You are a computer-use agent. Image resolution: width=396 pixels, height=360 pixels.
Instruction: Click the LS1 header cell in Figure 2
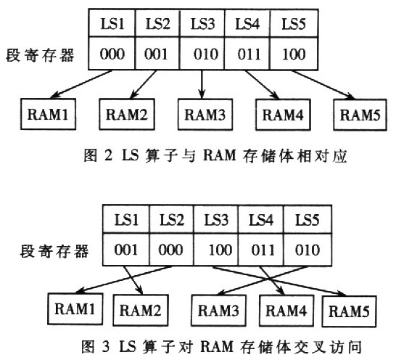112,23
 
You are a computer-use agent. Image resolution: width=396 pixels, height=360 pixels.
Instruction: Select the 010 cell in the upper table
202,53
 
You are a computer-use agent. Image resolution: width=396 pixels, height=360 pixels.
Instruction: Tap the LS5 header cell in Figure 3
308,219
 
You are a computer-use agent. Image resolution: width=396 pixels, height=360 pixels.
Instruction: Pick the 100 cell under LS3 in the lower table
215,249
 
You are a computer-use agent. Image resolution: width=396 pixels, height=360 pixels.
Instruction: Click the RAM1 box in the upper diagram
49,114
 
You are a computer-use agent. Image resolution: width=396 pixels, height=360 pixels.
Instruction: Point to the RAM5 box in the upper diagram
360,115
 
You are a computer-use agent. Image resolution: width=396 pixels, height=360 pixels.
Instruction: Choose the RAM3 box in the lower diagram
218,311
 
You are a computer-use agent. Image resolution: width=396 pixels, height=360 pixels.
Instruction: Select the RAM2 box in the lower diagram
141,310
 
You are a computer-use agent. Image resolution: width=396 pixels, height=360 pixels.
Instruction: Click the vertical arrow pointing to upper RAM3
202,84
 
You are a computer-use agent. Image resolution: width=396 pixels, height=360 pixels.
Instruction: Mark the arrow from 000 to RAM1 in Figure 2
81,84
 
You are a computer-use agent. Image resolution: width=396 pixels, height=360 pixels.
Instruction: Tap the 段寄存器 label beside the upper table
41,55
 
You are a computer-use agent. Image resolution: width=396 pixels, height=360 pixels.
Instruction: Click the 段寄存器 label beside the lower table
54,251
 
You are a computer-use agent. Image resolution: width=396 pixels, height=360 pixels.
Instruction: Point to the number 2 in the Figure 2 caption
108,155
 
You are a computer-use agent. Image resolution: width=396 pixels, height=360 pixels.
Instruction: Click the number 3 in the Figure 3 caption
106,346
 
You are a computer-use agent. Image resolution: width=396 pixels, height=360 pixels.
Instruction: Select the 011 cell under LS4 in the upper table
247,53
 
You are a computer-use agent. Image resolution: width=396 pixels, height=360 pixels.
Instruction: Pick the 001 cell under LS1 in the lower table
126,249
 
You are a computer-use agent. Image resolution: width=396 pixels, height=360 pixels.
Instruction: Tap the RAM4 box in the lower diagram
286,311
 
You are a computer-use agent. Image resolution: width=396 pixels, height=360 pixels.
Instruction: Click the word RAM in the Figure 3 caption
217,346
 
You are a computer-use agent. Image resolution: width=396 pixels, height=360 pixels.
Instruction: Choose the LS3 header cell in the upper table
202,23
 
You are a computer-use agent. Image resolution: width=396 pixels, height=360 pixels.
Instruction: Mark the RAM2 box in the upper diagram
127,114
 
